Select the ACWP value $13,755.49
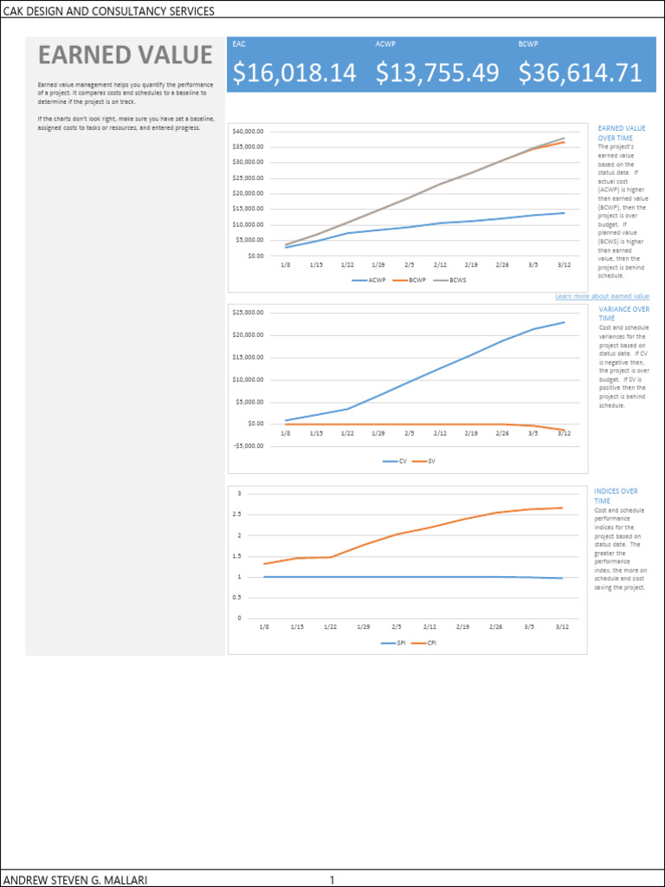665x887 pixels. click(437, 74)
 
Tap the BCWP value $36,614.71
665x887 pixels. click(580, 74)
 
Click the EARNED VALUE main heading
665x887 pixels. click(125, 55)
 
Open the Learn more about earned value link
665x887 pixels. click(602, 296)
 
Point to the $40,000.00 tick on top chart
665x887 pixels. click(249, 131)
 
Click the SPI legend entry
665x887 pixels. click(395, 643)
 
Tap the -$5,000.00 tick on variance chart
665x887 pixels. click(249, 446)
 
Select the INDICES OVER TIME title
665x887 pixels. click(616, 495)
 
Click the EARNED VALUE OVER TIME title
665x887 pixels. click(621, 133)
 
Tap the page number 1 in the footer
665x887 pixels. click(332, 880)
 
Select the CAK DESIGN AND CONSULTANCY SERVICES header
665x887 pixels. click(108, 11)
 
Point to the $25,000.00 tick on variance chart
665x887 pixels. click(249, 313)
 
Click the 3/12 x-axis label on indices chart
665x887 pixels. click(561, 625)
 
